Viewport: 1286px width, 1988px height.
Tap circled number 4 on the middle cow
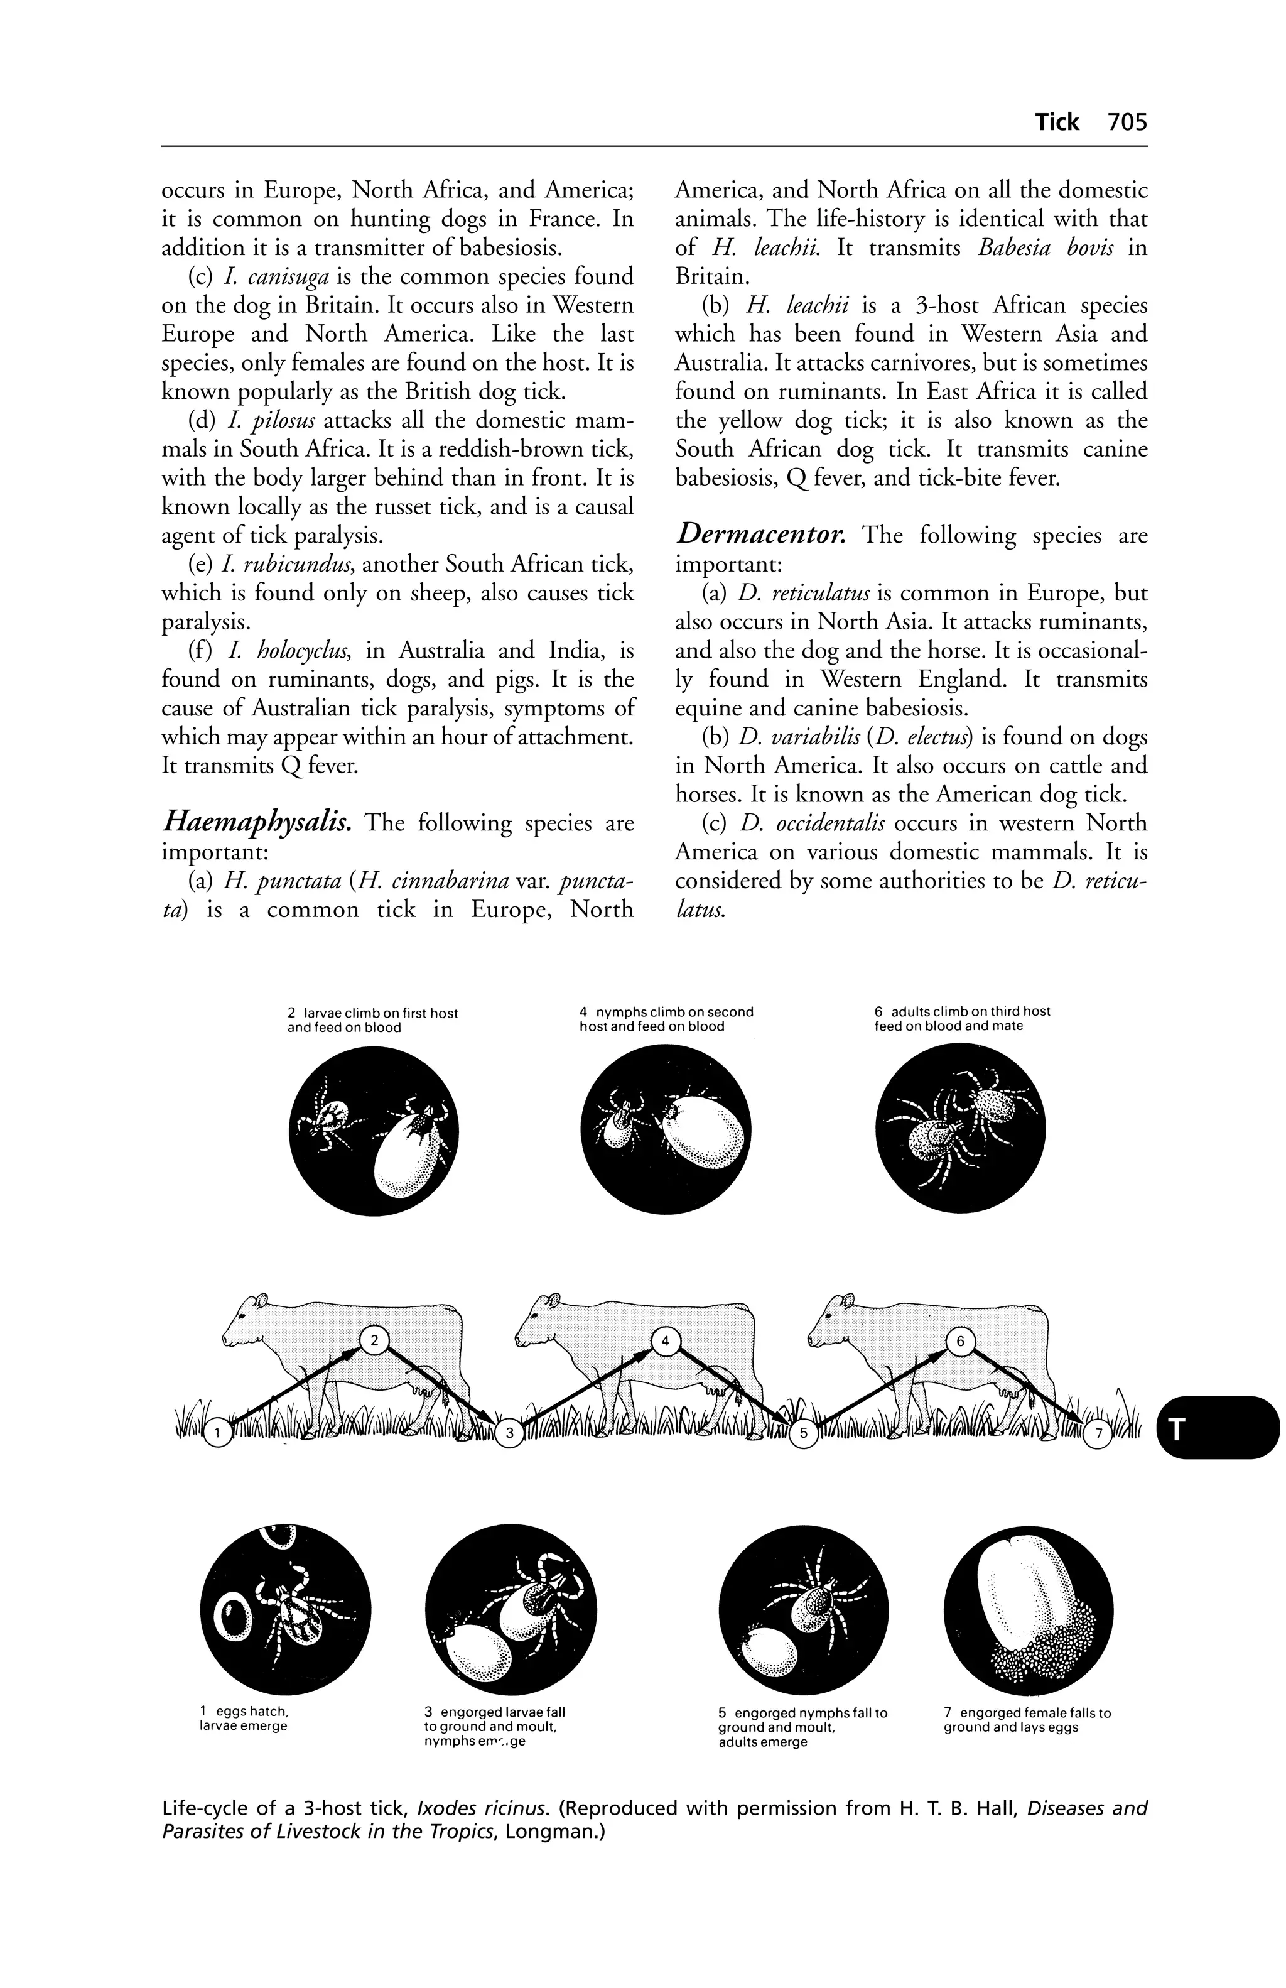coord(665,1342)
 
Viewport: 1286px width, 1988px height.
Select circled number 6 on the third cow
coord(960,1342)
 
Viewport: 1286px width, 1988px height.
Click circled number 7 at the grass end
coord(1099,1433)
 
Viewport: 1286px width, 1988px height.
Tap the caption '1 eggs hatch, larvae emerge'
coord(242,1719)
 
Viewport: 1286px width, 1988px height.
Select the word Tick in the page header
coord(1057,122)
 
